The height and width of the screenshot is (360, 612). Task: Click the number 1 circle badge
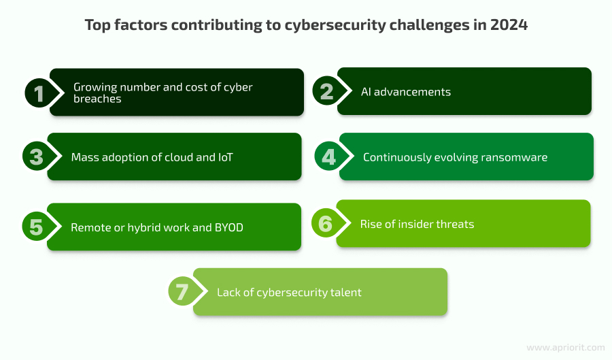coord(39,93)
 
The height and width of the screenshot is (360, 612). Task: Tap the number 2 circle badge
coord(327,92)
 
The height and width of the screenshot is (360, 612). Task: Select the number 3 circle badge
coord(36,157)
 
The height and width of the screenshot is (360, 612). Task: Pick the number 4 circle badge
coord(329,157)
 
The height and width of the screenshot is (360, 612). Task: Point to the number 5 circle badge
coord(36,227)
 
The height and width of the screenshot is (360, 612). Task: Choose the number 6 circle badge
coord(326,224)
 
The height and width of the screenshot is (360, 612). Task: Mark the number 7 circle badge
coord(182,293)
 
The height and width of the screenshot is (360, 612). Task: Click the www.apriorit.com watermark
coord(566,347)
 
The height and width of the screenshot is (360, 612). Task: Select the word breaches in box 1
coord(97,99)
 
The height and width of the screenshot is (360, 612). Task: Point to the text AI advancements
coord(406,92)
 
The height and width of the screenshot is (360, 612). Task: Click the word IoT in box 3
coord(226,157)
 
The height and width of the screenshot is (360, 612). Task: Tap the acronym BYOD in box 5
coord(229,227)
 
